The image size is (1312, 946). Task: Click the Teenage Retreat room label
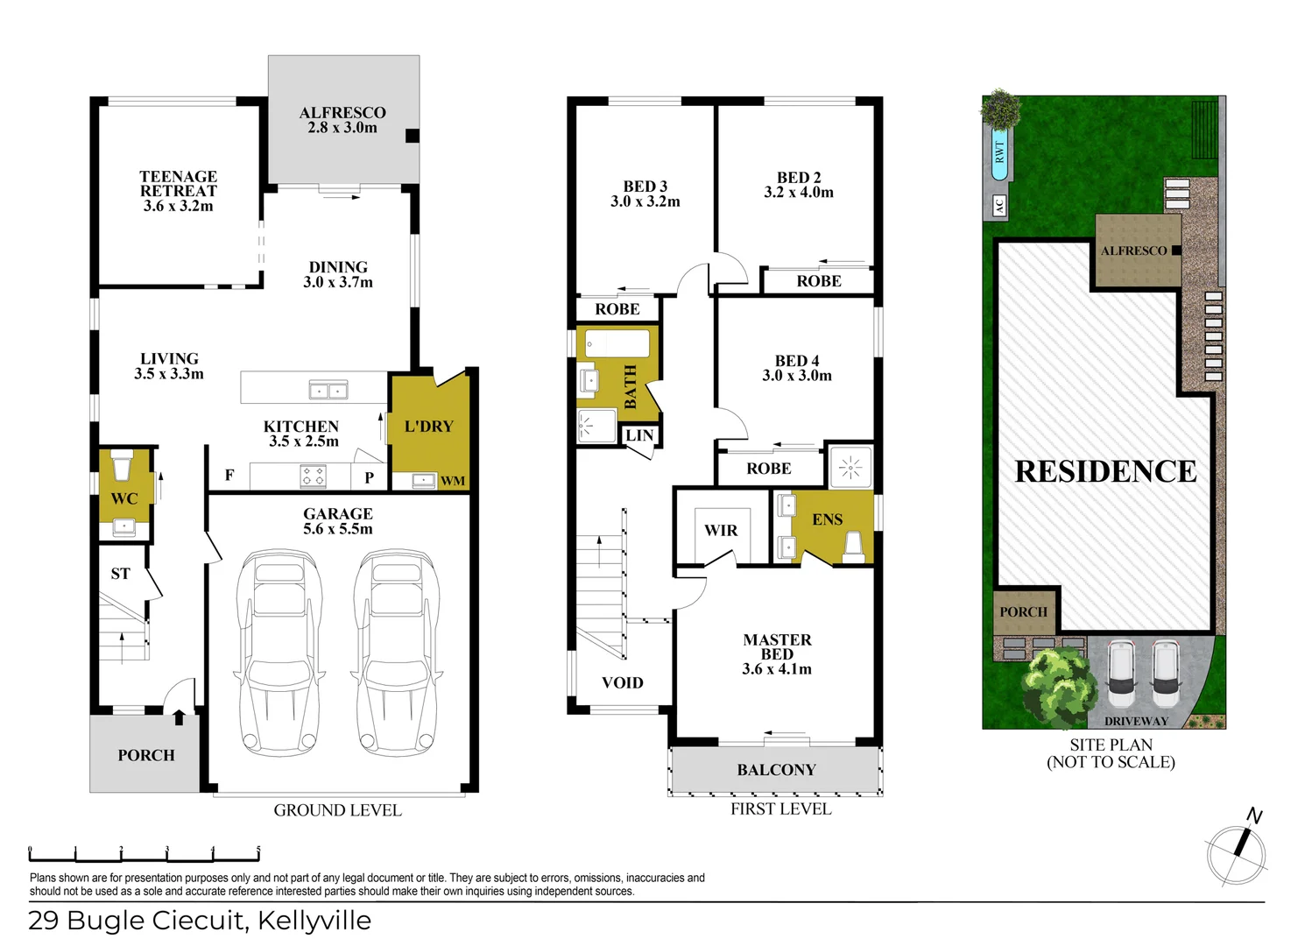point(178,190)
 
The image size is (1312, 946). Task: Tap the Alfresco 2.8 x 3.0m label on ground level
point(342,120)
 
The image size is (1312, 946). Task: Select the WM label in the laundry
point(453,481)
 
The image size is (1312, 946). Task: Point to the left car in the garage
point(280,653)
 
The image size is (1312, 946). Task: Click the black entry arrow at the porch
point(179,717)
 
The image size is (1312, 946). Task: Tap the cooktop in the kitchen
point(313,476)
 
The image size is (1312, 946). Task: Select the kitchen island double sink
point(328,391)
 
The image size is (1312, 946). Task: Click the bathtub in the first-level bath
point(617,343)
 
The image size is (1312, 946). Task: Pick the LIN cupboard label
point(638,435)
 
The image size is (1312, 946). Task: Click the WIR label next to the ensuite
point(721,530)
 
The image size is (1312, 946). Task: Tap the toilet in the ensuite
point(853,547)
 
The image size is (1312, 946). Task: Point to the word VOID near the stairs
point(623,682)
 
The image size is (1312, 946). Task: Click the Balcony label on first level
point(776,770)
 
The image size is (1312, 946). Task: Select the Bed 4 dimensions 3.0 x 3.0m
point(797,376)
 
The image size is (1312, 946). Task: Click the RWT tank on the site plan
point(999,154)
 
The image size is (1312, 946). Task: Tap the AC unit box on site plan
point(998,207)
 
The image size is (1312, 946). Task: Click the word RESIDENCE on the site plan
point(1105,471)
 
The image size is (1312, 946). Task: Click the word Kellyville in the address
point(314,921)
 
